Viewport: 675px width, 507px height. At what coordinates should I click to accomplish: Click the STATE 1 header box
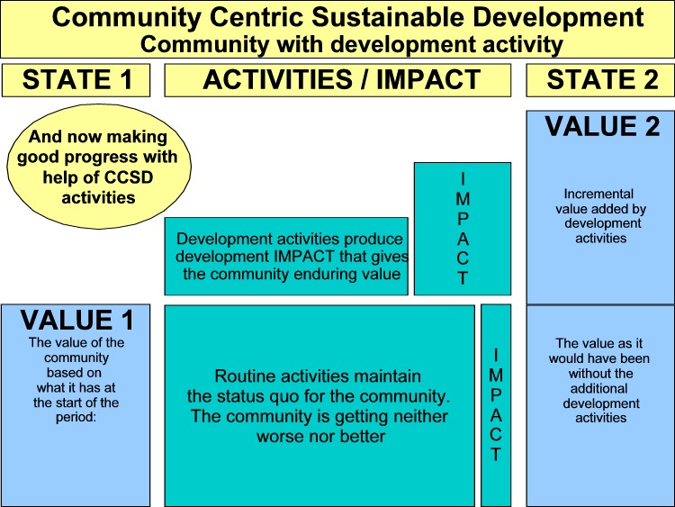[76, 80]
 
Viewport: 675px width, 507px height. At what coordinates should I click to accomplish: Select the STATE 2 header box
[600, 80]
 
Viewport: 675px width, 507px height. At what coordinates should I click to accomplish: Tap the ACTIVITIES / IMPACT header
[337, 80]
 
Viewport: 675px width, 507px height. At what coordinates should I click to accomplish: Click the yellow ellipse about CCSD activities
[99, 167]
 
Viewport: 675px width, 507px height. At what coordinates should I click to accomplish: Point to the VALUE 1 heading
[77, 320]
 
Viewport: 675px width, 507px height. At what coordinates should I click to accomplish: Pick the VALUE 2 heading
[602, 126]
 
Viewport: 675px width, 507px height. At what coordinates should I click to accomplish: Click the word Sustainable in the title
[388, 17]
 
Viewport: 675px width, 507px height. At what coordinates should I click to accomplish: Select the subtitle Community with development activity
[352, 44]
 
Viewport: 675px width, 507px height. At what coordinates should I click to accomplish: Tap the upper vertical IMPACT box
[463, 229]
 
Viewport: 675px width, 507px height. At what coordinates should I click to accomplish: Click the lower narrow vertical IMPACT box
[496, 405]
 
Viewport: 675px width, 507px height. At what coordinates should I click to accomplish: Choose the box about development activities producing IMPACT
[286, 257]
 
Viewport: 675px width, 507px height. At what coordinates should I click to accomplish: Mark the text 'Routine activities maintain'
[318, 376]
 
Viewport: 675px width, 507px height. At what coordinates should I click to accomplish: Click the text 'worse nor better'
[320, 437]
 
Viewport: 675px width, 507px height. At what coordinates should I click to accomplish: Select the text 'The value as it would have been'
[598, 350]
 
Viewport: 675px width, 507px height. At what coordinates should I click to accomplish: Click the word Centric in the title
[256, 17]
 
